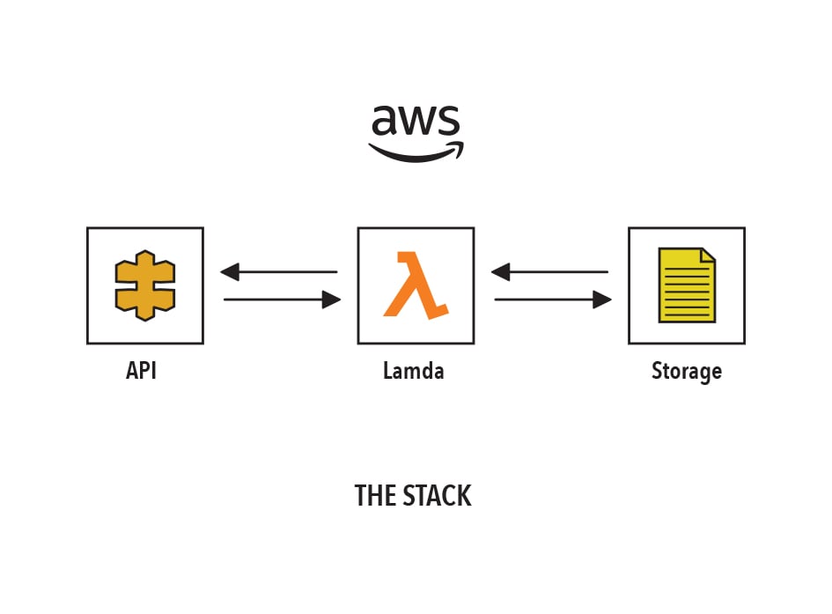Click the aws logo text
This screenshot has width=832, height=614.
point(416,120)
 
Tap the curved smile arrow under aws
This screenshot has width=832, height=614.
point(416,154)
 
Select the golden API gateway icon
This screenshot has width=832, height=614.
point(145,285)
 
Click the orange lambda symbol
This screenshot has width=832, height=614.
point(416,285)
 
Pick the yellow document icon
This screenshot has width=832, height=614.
point(687,285)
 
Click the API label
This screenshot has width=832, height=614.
point(141,370)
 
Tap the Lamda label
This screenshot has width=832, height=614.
point(413,370)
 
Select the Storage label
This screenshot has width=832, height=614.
point(687,372)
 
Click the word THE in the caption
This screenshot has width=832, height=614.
point(375,496)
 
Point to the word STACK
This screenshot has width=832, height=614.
point(438,496)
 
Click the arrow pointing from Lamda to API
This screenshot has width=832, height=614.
point(278,271)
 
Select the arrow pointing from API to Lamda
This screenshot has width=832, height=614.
point(283,300)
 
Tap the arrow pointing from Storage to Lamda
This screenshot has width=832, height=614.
point(549,271)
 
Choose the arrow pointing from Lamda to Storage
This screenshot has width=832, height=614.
point(553,300)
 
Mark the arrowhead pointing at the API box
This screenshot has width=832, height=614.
point(230,271)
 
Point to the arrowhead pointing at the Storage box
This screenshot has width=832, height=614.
point(602,300)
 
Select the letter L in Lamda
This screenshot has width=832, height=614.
point(388,370)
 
